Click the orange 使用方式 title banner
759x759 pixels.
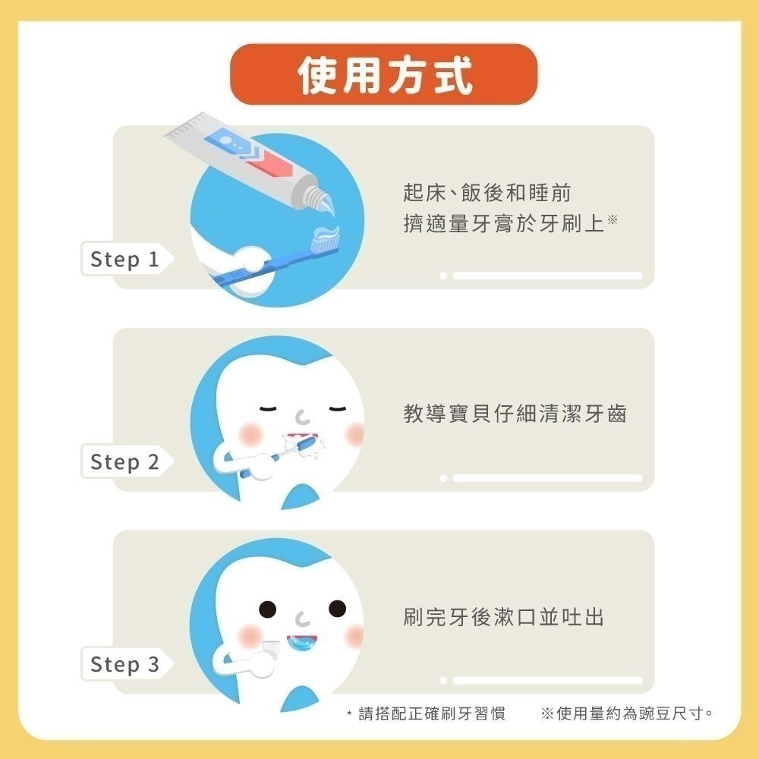(x=384, y=74)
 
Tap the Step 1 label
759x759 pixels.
(x=125, y=260)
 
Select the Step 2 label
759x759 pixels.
(x=125, y=461)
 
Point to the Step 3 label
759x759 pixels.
(x=125, y=665)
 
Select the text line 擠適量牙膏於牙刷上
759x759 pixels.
(x=504, y=223)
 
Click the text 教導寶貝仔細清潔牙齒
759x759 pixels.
(x=515, y=414)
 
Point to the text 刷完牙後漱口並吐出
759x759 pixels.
(x=504, y=616)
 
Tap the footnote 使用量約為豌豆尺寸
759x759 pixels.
(x=627, y=713)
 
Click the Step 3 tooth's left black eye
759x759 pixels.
(x=269, y=608)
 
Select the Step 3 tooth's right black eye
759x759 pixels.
(x=336, y=608)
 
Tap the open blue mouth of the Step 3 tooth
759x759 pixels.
(x=303, y=641)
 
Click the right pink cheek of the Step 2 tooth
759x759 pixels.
(x=354, y=433)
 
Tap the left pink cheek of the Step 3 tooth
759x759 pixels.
(x=250, y=635)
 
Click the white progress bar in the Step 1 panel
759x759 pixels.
(x=547, y=276)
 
